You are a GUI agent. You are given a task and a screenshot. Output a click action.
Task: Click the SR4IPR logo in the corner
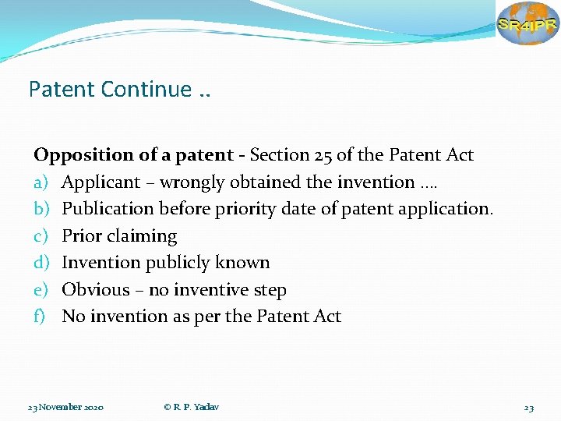point(527,23)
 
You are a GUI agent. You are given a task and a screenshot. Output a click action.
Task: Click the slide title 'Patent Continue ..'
point(119,90)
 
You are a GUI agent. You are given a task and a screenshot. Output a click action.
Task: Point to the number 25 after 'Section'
point(325,155)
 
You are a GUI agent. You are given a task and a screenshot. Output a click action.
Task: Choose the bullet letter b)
point(41,209)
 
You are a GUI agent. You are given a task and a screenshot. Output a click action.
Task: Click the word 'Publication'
point(108,209)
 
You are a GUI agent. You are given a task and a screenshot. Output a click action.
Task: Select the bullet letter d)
point(41,263)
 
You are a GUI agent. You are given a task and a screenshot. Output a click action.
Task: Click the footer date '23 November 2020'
point(66,408)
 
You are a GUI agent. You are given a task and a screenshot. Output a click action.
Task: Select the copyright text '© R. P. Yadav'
point(191,408)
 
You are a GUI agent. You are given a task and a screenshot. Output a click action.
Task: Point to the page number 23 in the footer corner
point(529,408)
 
